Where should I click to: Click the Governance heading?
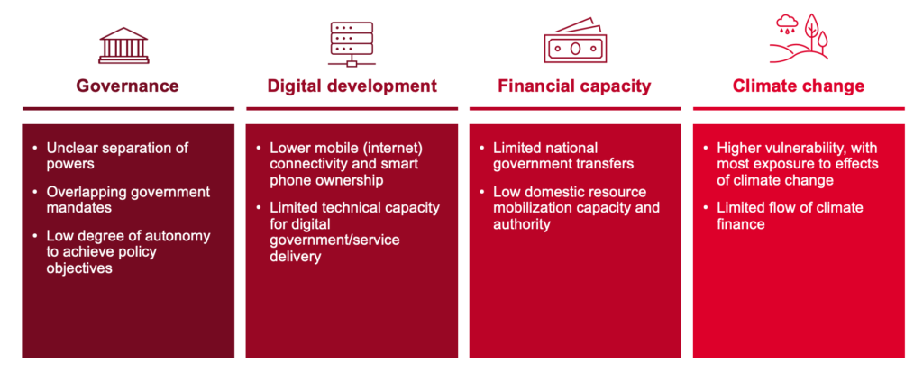127,86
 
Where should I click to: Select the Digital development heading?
352,86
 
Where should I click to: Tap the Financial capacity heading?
574,86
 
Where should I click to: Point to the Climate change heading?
799,86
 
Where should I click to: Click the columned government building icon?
123,45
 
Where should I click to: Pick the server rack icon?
352,43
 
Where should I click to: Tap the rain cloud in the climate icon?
786,23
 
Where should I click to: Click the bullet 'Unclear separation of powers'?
118,155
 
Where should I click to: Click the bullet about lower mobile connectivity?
347,163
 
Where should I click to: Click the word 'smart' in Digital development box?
401,163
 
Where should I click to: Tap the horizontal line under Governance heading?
128,109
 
